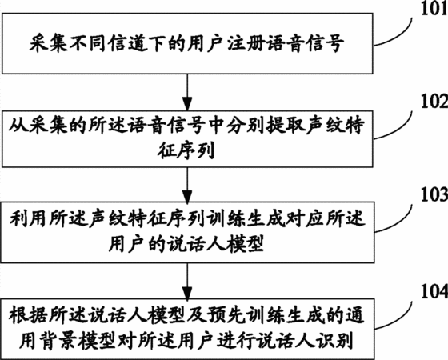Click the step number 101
(x=434, y=9)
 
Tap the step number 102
(x=434, y=101)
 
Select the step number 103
(x=434, y=194)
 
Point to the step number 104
(x=434, y=292)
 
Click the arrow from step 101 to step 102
(x=187, y=92)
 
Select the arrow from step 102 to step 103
(x=187, y=185)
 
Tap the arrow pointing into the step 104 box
(x=187, y=281)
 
